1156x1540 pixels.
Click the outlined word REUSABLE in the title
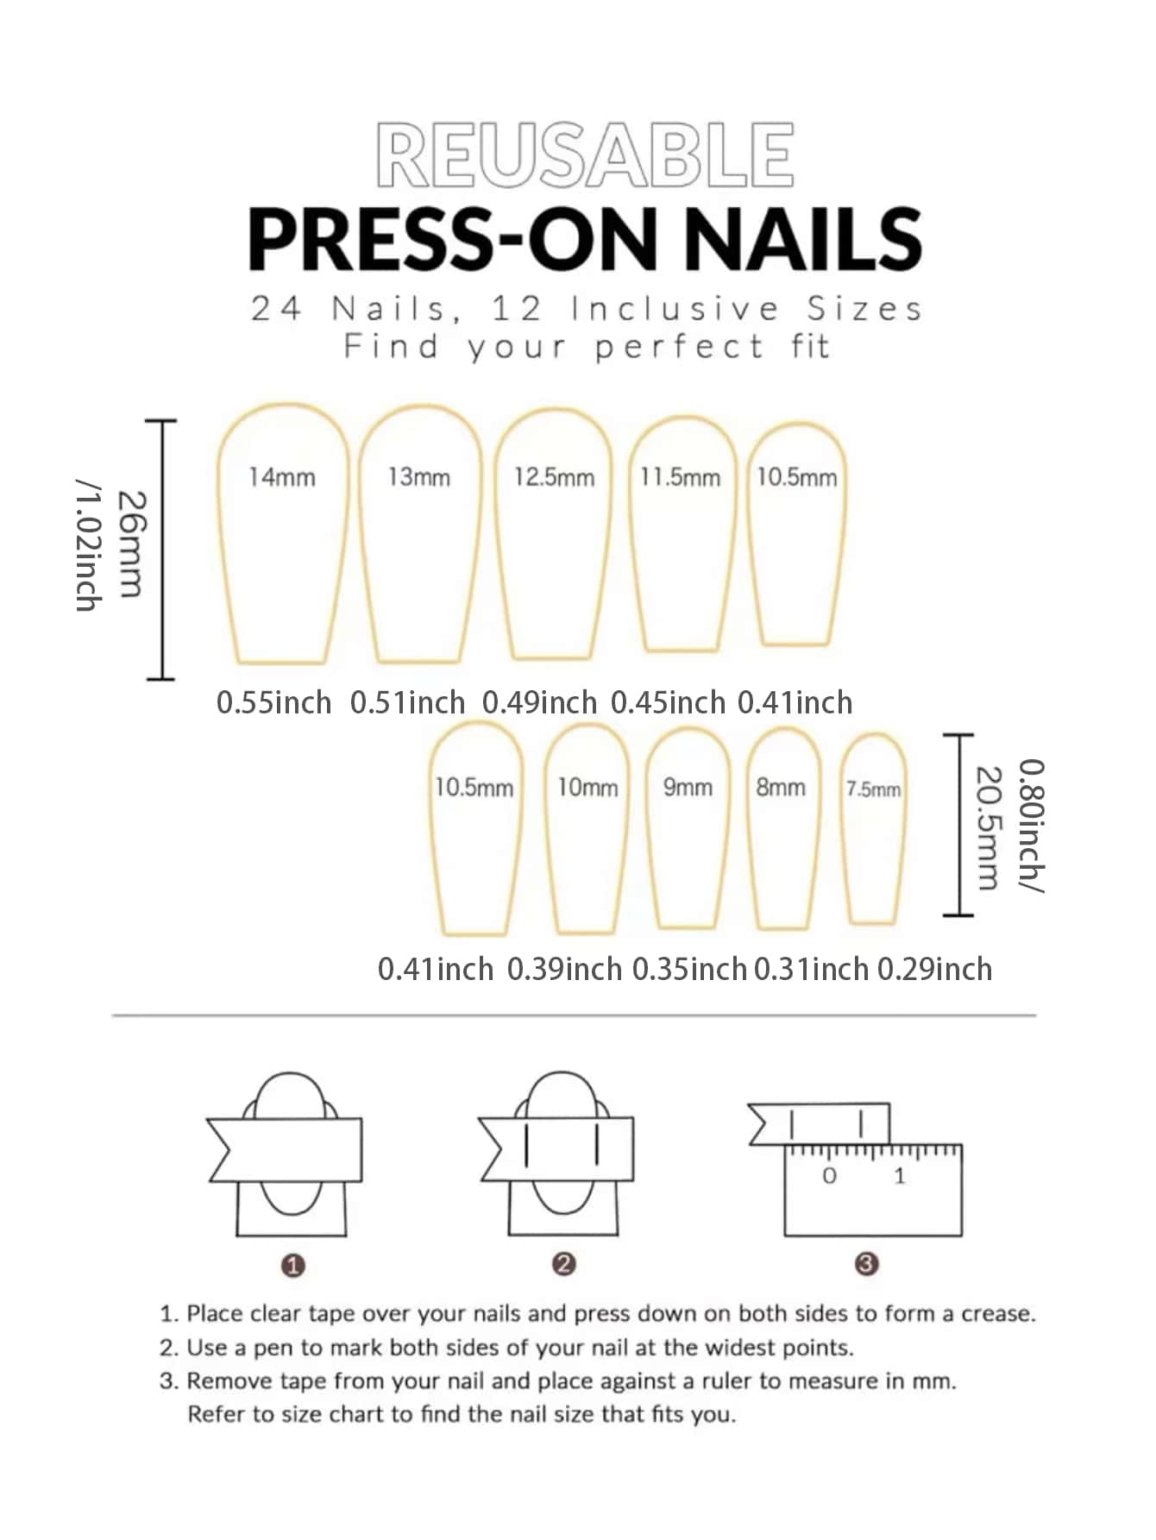[x=585, y=155]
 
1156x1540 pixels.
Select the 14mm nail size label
[x=282, y=477]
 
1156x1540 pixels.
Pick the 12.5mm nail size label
[x=554, y=477]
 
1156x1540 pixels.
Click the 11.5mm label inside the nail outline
[x=680, y=477]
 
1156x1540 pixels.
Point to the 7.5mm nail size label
[x=873, y=789]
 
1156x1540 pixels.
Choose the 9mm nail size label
[x=688, y=787]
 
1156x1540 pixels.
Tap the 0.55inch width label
[x=273, y=703]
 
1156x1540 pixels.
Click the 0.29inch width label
[x=934, y=970]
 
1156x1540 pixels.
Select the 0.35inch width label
[x=689, y=970]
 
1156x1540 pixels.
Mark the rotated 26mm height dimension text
[x=132, y=544]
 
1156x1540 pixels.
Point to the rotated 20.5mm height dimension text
[x=988, y=827]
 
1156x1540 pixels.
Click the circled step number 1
[x=293, y=1266]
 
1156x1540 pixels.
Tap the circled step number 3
[x=866, y=1265]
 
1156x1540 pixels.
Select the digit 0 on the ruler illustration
[x=829, y=1175]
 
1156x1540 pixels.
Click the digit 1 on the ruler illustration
[x=900, y=1175]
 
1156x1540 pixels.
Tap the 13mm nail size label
[x=418, y=477]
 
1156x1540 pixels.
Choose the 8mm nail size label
[x=781, y=787]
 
